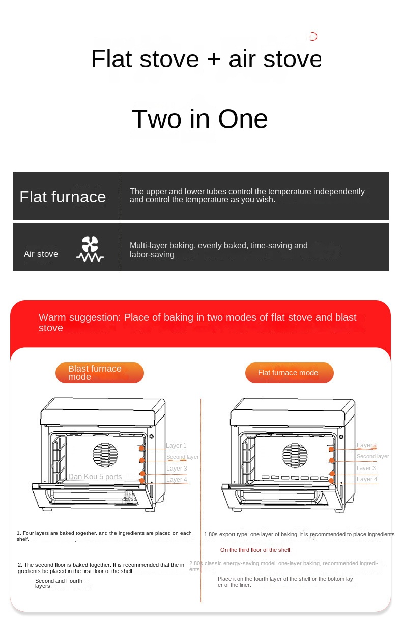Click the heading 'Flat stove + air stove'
tap(206, 59)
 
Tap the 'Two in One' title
tap(199, 119)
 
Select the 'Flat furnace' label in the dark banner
tap(63, 197)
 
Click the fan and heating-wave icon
tap(90, 249)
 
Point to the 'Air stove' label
tap(41, 254)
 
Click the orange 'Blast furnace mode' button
tap(99, 373)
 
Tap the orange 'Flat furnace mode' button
tap(289, 373)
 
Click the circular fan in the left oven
tap(105, 456)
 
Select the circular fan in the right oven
tap(295, 456)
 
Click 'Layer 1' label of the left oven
tap(177, 446)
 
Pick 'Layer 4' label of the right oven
tap(367, 479)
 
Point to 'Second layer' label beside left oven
tap(182, 457)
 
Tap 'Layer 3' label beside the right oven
tap(366, 468)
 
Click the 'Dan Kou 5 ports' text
tap(95, 477)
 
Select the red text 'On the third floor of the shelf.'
tap(255, 550)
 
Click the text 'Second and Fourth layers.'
tap(59, 583)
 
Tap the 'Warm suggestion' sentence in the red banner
tap(197, 322)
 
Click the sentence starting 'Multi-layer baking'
tap(218, 250)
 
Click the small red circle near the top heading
tap(313, 36)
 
